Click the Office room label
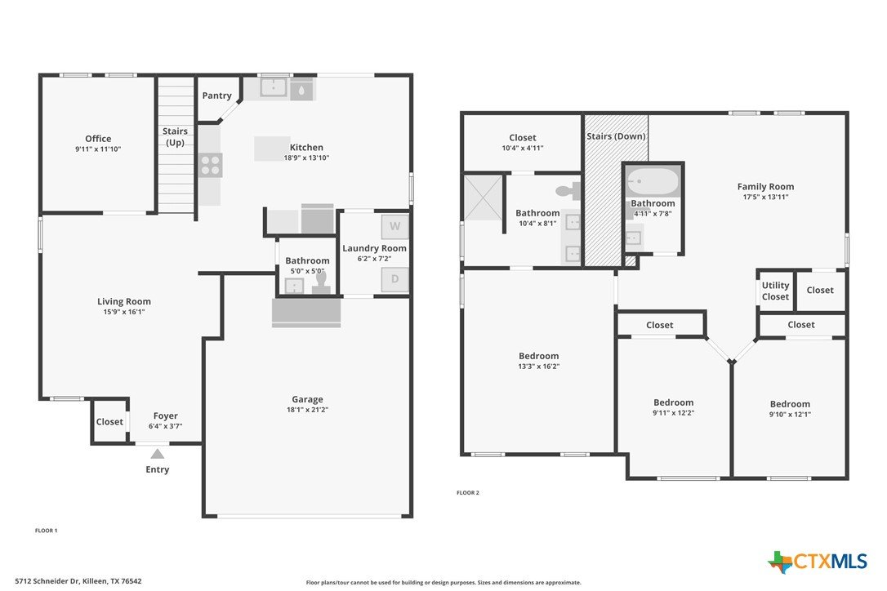pos(98,139)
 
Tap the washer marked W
pos(394,226)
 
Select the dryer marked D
pos(394,279)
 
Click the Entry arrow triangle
pos(158,454)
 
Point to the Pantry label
pos(216,96)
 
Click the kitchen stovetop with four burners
pos(211,165)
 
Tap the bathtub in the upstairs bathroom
pos(653,181)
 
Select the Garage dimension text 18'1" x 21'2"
pos(307,410)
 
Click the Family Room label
pos(765,187)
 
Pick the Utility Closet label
pos(775,291)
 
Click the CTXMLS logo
pos(817,562)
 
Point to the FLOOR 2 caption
pos(468,492)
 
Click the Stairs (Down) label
pos(616,136)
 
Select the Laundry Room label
pos(375,248)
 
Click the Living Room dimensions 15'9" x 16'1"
pos(124,312)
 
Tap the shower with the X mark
pos(483,198)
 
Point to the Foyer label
pos(165,415)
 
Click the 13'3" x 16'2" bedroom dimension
pos(538,366)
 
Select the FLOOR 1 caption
pos(47,531)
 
